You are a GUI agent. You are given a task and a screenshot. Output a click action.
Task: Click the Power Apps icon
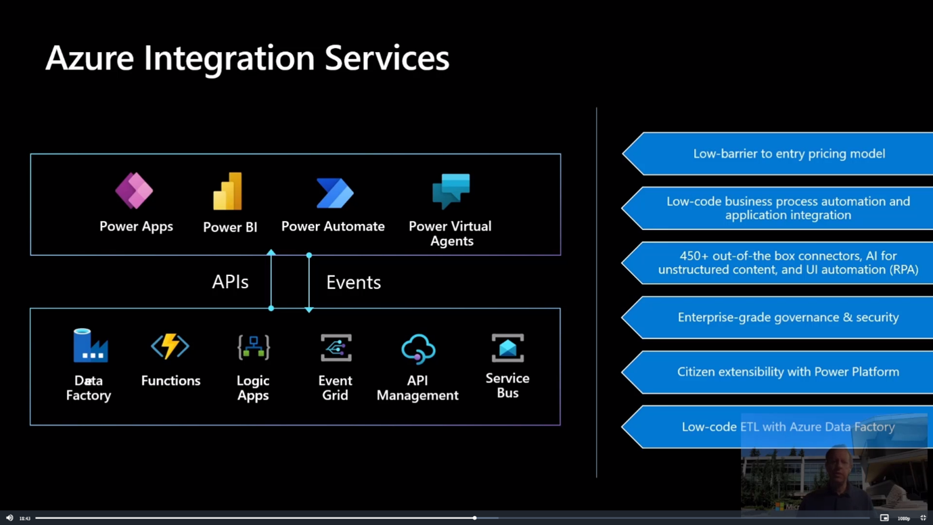(x=134, y=191)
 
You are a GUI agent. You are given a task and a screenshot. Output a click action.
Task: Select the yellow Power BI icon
(x=228, y=191)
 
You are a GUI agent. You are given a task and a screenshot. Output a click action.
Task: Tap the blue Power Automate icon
(x=335, y=193)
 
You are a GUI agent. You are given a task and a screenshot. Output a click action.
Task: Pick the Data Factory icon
(x=90, y=346)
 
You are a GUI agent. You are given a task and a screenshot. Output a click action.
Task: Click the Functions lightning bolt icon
(x=170, y=346)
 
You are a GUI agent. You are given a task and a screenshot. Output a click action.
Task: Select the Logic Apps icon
(x=254, y=347)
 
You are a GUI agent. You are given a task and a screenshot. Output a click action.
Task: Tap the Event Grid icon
(x=336, y=348)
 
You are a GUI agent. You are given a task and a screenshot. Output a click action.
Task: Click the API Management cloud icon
(x=418, y=349)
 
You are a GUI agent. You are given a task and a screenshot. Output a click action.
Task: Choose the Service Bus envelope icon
(x=507, y=348)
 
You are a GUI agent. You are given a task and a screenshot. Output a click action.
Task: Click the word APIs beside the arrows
(x=230, y=282)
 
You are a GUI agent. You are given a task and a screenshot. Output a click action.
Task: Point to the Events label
(x=353, y=283)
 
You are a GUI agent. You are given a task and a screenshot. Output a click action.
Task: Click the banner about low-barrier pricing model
(x=789, y=154)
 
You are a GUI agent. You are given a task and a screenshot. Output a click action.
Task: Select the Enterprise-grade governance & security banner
(x=788, y=317)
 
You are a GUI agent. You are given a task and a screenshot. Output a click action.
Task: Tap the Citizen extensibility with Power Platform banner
(x=788, y=372)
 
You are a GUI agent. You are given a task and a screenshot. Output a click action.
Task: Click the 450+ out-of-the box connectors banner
(x=788, y=262)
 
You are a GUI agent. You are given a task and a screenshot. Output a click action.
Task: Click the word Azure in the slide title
(x=89, y=58)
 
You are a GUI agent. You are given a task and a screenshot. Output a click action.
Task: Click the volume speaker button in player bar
(x=9, y=518)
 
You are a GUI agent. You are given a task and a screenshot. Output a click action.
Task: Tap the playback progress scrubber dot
(x=475, y=518)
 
